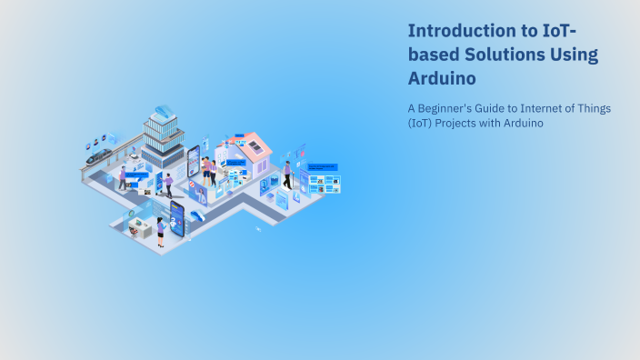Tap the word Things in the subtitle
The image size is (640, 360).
(595, 108)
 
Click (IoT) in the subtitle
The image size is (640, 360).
(421, 124)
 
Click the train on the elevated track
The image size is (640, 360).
(98, 155)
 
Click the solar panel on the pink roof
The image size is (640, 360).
(256, 144)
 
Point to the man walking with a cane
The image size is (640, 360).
(287, 173)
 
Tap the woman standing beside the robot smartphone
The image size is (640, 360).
(160, 232)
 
